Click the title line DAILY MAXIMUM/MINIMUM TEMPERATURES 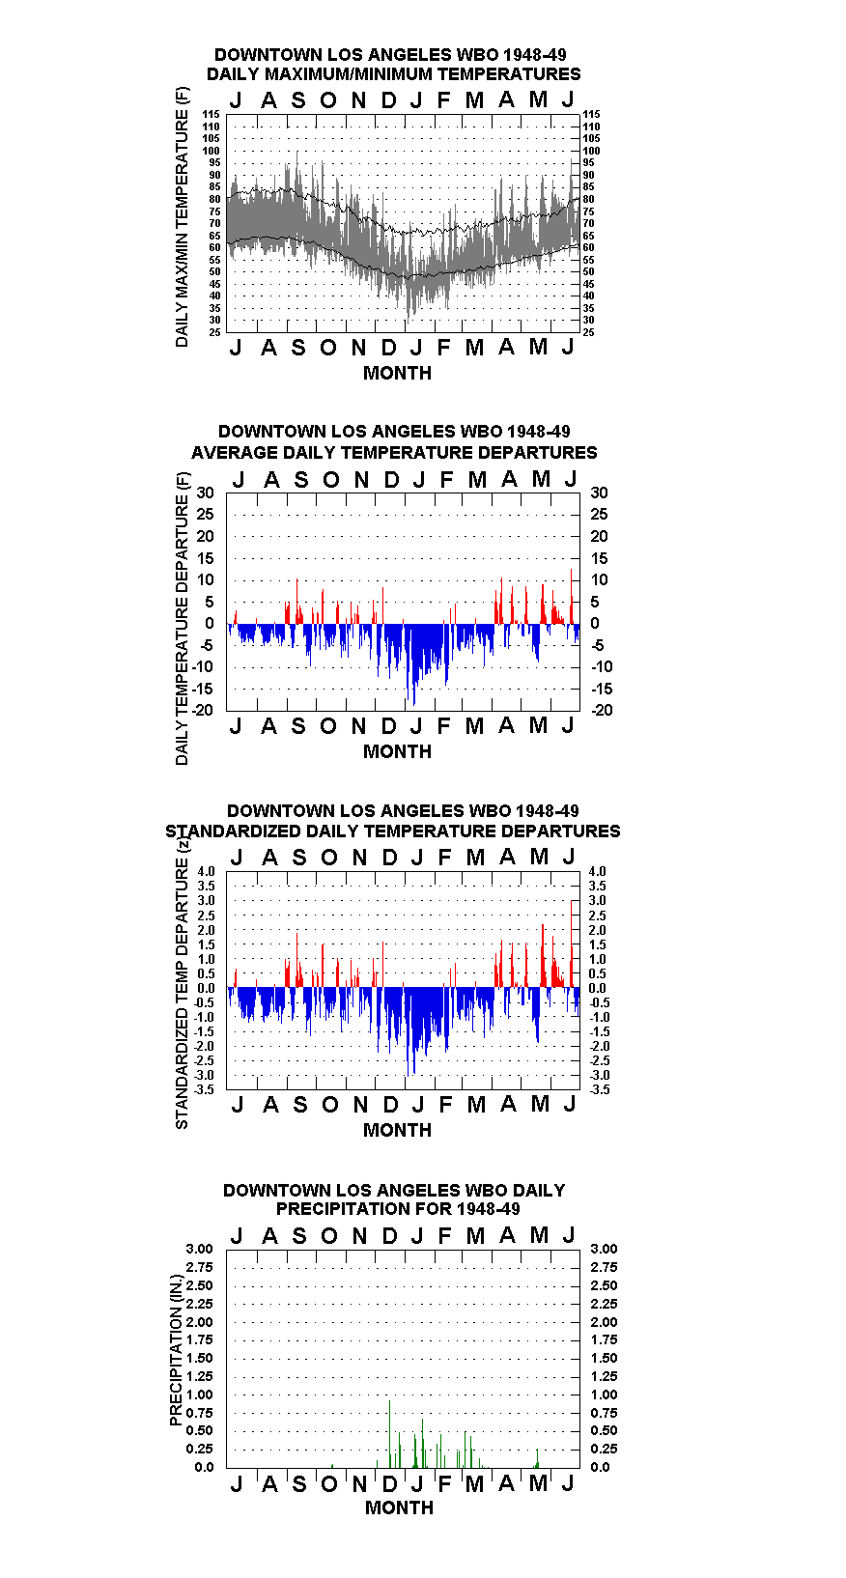pyautogui.click(x=393, y=74)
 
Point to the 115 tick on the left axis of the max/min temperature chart pyautogui.click(x=211, y=114)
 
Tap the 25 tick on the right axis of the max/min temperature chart pyautogui.click(x=588, y=332)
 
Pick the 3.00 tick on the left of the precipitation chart pyautogui.click(x=199, y=1249)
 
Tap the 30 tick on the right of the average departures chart pyautogui.click(x=599, y=493)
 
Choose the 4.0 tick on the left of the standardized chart pyautogui.click(x=206, y=871)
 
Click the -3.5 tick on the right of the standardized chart pyautogui.click(x=600, y=1089)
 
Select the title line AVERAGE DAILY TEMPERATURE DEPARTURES pyautogui.click(x=394, y=453)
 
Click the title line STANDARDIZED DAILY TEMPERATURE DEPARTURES pyautogui.click(x=393, y=831)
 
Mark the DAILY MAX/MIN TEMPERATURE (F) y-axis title pyautogui.click(x=182, y=217)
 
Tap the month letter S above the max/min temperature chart pyautogui.click(x=298, y=100)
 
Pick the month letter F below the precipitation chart pyautogui.click(x=444, y=1484)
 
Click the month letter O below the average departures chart pyautogui.click(x=328, y=726)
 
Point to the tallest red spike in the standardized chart pyautogui.click(x=572, y=944)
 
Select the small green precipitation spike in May pyautogui.click(x=537, y=1459)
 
